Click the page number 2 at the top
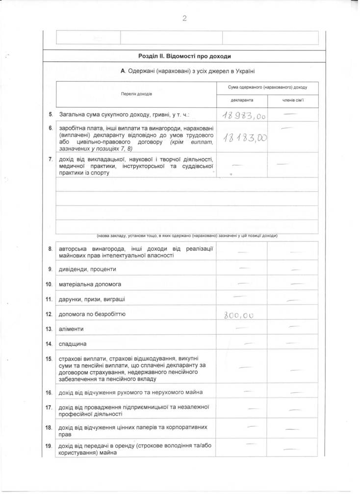pos(185,19)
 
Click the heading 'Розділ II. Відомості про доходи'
pos(184,56)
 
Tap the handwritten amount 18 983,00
pos(244,116)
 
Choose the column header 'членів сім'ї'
pos(293,100)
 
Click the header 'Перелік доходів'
pos(136,93)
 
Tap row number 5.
pos(51,115)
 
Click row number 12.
pos(49,314)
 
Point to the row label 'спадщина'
pos(73,345)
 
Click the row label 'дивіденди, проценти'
pos(87,269)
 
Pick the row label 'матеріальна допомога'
pos(90,284)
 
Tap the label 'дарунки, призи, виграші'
pos(92,298)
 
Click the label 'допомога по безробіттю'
pos(92,314)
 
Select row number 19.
pos(49,446)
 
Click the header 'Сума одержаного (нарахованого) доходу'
pos(267,87)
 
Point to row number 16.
pos(49,393)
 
